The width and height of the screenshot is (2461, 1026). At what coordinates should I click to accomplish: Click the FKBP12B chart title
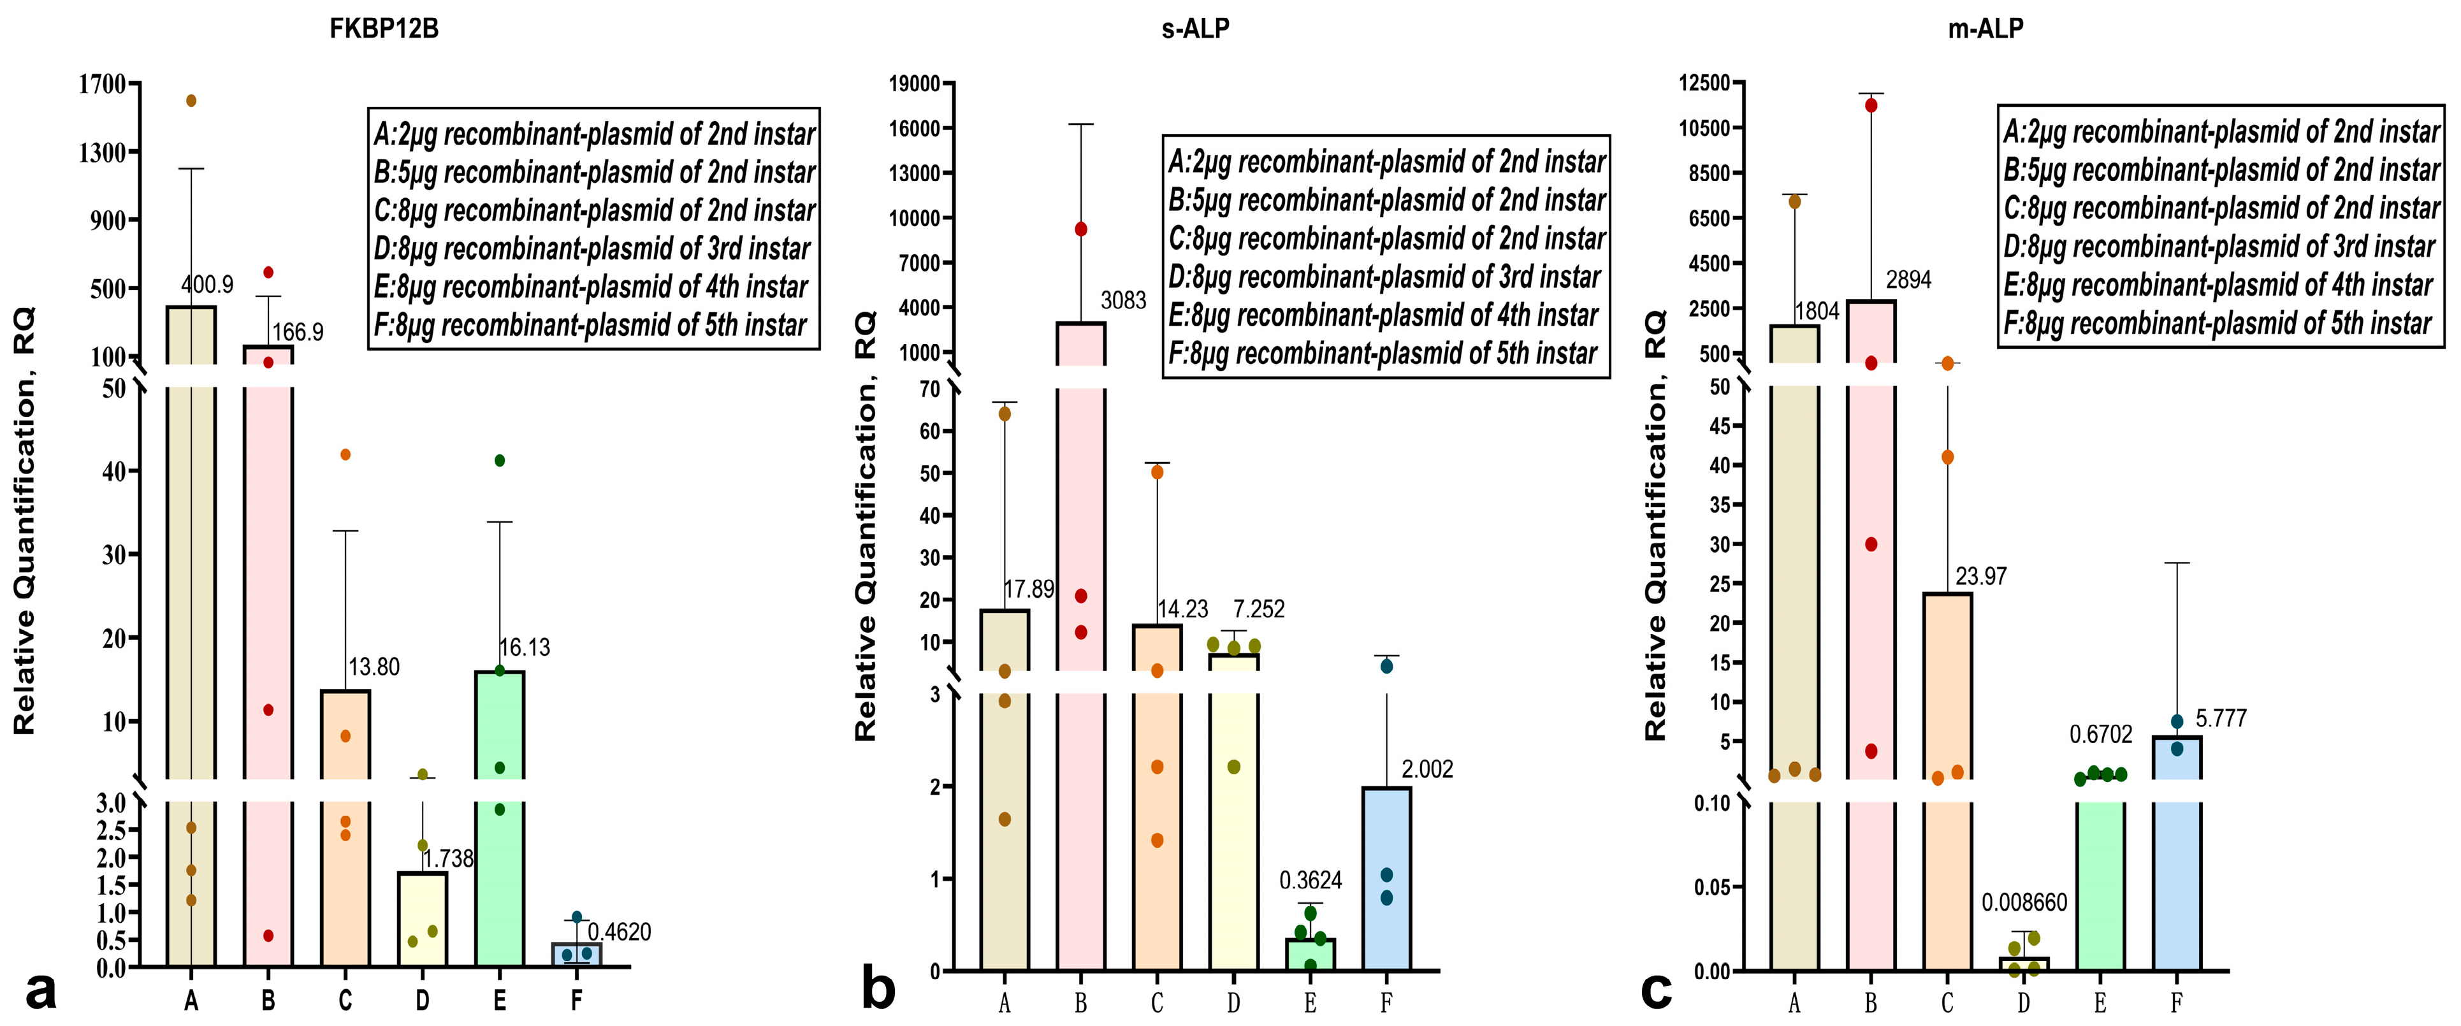(x=384, y=29)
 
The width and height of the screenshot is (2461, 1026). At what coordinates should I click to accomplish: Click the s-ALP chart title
(x=1195, y=29)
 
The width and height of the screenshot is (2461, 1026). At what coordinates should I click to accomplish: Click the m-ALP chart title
(x=1985, y=29)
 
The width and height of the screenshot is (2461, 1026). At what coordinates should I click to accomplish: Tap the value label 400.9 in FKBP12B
(x=207, y=285)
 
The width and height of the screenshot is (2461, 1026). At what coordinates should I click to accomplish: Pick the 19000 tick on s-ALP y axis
(x=914, y=84)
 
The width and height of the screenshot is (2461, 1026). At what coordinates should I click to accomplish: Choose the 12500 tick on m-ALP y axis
(x=1704, y=83)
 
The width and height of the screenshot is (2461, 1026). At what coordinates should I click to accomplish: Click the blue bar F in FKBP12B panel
(x=576, y=955)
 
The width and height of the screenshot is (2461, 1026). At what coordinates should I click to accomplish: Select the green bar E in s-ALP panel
(x=1310, y=955)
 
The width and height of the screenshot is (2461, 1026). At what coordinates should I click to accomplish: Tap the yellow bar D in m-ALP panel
(x=2024, y=964)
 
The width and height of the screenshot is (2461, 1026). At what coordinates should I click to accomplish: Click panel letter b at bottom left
(x=878, y=989)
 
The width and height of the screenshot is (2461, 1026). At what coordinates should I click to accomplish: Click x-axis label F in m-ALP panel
(x=2176, y=1003)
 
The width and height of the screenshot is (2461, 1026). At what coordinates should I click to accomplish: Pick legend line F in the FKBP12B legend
(x=590, y=325)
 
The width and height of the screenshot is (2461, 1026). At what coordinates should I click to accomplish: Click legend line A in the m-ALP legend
(x=2220, y=131)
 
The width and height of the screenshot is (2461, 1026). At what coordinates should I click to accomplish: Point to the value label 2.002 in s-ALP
(x=1427, y=769)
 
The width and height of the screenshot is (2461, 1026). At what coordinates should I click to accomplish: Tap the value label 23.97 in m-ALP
(x=1980, y=576)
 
